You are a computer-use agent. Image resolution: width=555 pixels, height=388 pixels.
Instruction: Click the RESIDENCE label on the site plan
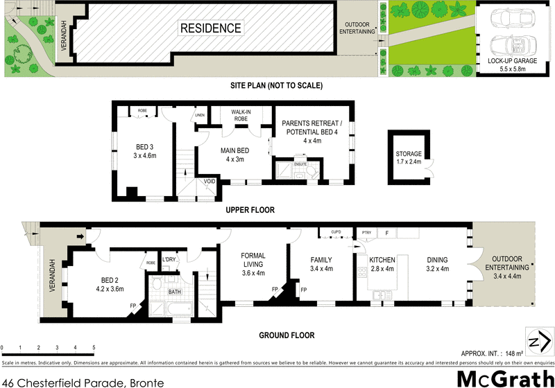(x=211, y=28)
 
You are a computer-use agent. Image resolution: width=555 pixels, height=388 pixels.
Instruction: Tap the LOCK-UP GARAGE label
(x=512, y=62)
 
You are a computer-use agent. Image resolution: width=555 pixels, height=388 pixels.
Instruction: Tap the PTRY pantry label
(x=366, y=233)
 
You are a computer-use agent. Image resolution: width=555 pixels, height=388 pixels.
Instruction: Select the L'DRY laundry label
(x=169, y=259)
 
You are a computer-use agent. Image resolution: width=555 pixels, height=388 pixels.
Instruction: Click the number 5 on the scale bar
(x=94, y=347)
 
